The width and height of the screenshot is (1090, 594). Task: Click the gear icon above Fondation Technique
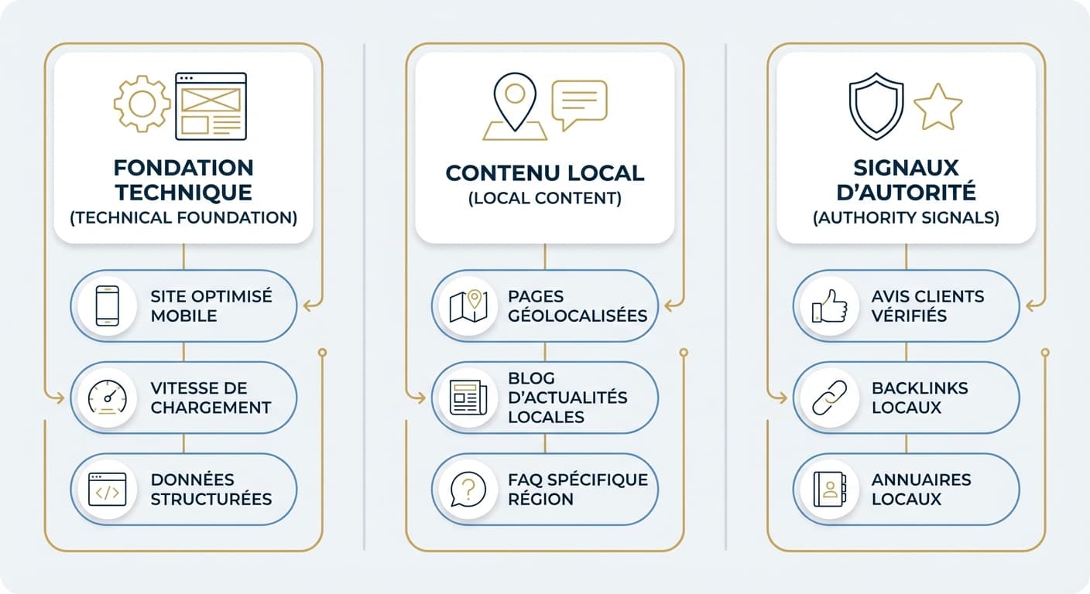(142, 104)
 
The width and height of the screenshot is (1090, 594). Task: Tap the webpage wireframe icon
(211, 107)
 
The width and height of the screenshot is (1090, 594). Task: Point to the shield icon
(876, 107)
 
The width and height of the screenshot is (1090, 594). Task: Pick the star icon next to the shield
(937, 108)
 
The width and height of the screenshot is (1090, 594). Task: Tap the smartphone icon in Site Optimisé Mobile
(107, 306)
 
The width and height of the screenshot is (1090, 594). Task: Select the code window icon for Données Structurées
(107, 490)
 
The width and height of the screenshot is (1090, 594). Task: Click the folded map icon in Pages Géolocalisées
(468, 306)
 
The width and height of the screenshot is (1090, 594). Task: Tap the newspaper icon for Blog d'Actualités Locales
(468, 398)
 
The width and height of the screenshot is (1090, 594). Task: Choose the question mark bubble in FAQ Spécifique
(468, 490)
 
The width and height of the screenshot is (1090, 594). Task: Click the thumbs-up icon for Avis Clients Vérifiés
(830, 306)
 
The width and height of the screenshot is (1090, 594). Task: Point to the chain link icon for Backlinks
(830, 398)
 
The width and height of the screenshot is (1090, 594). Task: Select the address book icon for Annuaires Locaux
(830, 489)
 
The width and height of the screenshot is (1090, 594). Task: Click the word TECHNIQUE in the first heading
(183, 193)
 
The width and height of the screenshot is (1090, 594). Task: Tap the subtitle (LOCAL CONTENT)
(544, 198)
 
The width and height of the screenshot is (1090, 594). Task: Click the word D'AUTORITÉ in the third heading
(906, 192)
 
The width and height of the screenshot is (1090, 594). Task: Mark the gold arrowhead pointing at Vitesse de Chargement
(59, 398)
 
